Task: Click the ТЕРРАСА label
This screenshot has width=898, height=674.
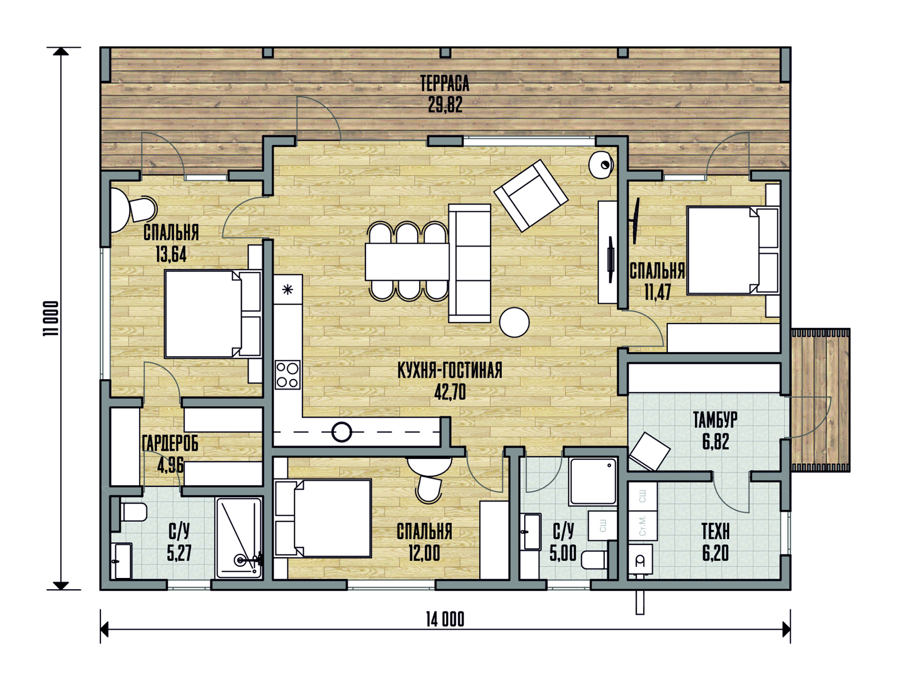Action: tap(445, 84)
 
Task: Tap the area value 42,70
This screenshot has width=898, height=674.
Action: tap(450, 392)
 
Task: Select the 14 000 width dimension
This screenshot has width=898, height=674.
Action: tap(445, 620)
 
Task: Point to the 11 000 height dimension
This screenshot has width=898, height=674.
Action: tap(51, 318)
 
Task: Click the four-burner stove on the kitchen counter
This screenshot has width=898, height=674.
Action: tap(287, 375)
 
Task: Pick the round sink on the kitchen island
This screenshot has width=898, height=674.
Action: tap(342, 432)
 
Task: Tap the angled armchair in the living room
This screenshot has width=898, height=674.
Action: tap(531, 195)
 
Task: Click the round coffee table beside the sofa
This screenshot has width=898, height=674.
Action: tap(514, 322)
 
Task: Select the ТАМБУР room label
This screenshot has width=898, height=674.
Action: tap(715, 420)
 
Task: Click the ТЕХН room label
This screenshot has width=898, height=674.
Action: tap(716, 531)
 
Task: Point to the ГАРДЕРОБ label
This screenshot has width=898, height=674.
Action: tap(170, 443)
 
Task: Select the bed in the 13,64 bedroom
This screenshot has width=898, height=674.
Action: tap(213, 314)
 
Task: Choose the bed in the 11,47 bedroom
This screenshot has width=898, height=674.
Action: tap(733, 251)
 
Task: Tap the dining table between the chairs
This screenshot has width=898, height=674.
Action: tap(407, 262)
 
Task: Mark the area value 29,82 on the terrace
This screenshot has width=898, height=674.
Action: tap(445, 105)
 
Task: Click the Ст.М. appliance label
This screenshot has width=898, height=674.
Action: tap(642, 526)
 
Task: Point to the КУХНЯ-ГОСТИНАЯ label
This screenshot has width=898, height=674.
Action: tap(450, 370)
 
